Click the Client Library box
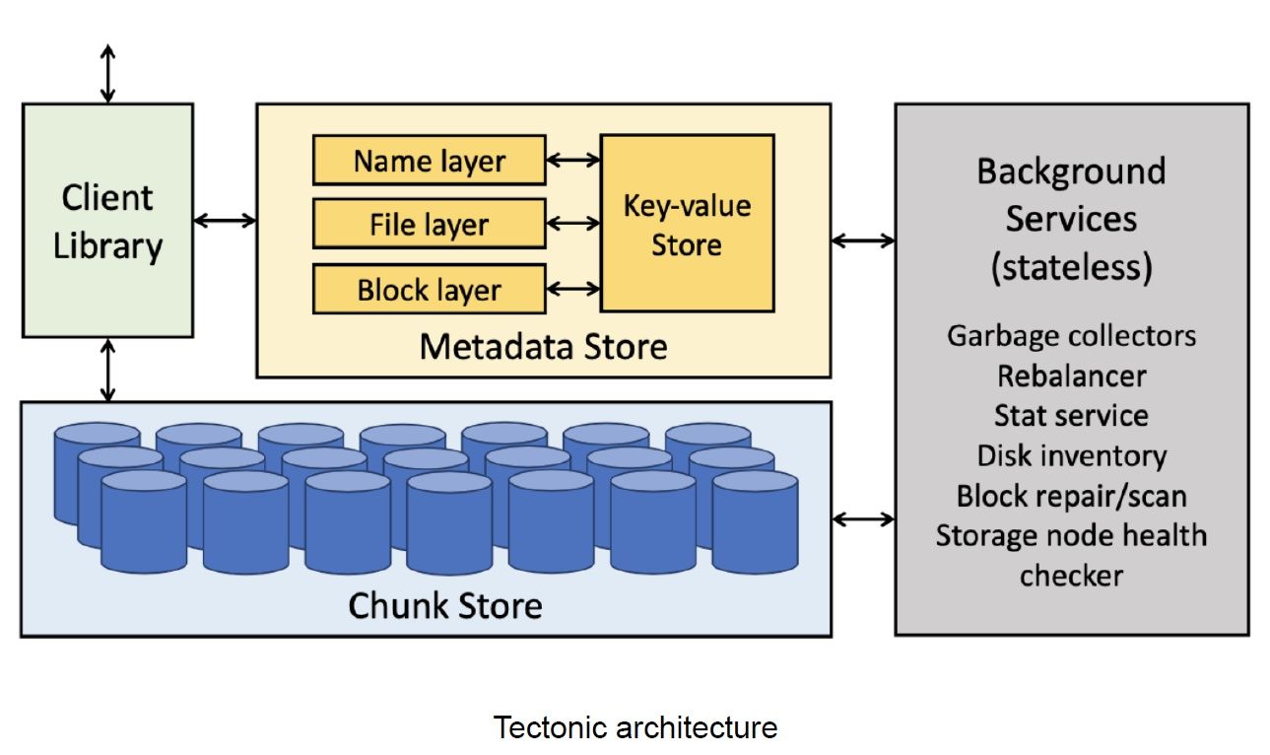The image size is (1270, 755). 107,220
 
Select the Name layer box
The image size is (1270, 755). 429,161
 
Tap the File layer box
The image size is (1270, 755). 429,224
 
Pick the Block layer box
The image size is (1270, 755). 429,289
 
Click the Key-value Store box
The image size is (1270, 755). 687,224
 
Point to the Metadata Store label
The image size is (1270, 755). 543,346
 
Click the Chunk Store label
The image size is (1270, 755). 444,603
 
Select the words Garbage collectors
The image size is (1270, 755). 1071,335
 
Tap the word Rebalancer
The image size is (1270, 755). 1071,376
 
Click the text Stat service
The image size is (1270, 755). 1071,415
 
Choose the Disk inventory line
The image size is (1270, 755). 1071,455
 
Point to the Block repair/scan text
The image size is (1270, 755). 1071,495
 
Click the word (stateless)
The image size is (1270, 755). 1071,266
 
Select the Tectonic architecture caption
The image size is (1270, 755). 635,727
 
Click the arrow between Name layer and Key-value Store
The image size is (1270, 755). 572,160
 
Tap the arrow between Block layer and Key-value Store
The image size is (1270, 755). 572,289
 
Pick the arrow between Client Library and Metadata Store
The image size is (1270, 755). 225,221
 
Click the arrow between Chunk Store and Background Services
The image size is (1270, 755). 863,518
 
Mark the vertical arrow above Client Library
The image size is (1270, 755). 107,73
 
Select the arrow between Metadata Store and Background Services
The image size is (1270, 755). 863,240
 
